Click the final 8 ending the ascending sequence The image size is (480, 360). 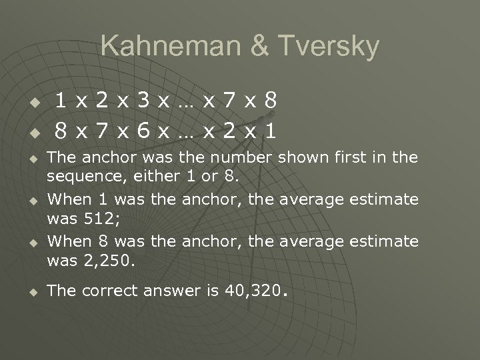270,101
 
